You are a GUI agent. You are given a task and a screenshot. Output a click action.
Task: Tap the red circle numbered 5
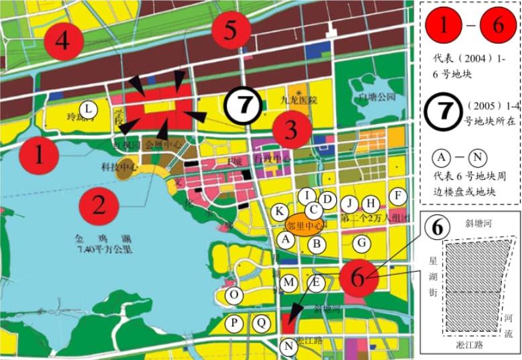pyautogui.click(x=231, y=29)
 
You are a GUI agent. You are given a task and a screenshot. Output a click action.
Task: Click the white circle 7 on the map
pyautogui.click(x=246, y=105)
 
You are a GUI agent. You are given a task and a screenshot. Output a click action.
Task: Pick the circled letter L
pyautogui.click(x=88, y=108)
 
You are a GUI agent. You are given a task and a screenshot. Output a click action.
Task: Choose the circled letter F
pyautogui.click(x=399, y=195)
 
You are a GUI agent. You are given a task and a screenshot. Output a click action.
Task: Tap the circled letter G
pyautogui.click(x=362, y=243)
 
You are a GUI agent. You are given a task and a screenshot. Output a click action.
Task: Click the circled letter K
pyautogui.click(x=279, y=212)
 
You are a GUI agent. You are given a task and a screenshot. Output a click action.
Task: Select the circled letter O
pyautogui.click(x=234, y=295)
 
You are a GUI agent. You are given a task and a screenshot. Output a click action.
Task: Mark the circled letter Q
pyautogui.click(x=260, y=323)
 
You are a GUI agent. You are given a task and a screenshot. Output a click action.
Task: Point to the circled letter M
pyautogui.click(x=289, y=283)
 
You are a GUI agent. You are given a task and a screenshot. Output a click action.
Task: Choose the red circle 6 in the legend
pyautogui.click(x=497, y=27)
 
